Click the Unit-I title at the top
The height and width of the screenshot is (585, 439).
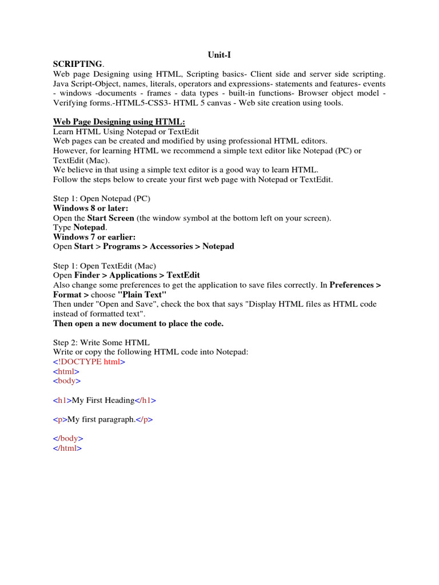219,55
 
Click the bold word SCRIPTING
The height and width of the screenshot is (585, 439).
78,65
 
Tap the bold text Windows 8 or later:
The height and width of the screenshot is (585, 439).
90,209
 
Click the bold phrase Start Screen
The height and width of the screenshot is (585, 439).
111,218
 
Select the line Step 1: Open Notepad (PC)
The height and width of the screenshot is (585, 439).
102,199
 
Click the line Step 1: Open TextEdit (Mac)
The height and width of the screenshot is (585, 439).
105,266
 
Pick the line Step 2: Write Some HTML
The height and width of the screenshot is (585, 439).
101,342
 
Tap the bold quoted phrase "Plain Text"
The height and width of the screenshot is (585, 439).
142,294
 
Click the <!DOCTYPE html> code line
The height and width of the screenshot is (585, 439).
89,362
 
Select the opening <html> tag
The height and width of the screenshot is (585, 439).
66,371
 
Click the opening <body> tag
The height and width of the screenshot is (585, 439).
67,380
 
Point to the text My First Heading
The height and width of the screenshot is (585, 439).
103,400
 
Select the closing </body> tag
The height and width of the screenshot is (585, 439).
68,439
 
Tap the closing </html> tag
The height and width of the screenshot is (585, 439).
67,448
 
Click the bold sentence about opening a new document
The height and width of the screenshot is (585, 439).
138,323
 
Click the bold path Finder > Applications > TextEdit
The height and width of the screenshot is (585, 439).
137,275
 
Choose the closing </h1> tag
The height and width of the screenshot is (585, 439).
145,400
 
